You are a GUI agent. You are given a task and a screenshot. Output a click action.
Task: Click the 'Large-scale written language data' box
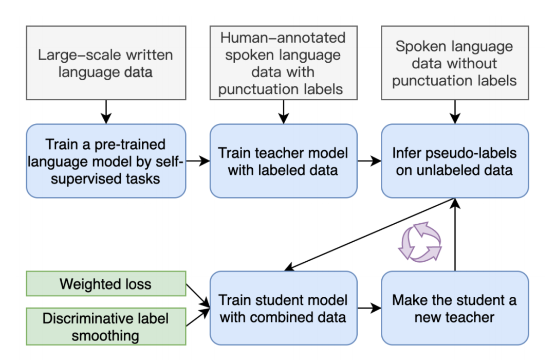click(105, 63)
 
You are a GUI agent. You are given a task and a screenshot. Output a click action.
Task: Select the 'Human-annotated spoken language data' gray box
click(283, 63)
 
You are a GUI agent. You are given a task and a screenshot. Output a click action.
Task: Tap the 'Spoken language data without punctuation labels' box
click(455, 63)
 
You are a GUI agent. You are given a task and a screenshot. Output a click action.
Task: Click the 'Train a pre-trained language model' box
click(105, 161)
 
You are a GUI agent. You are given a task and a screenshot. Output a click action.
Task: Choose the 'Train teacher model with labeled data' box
click(283, 161)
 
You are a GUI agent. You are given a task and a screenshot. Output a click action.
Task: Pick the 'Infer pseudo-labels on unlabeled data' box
click(455, 161)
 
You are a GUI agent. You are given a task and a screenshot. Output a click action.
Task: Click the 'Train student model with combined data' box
click(283, 308)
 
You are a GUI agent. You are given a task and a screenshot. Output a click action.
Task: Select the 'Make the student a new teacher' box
click(455, 308)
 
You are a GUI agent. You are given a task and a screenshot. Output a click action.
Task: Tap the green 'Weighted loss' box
click(105, 284)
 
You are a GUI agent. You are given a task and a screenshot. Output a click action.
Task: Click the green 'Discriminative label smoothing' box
click(105, 327)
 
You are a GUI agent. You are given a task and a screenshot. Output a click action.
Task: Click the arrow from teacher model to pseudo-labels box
click(369, 161)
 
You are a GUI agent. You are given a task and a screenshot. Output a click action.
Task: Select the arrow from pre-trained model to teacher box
click(198, 161)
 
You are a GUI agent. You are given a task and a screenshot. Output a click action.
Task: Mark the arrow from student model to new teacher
click(369, 309)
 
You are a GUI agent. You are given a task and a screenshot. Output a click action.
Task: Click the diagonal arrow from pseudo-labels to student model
click(370, 234)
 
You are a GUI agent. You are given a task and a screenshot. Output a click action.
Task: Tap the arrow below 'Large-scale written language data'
click(105, 111)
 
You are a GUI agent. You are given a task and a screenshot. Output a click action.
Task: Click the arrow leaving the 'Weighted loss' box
click(198, 296)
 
